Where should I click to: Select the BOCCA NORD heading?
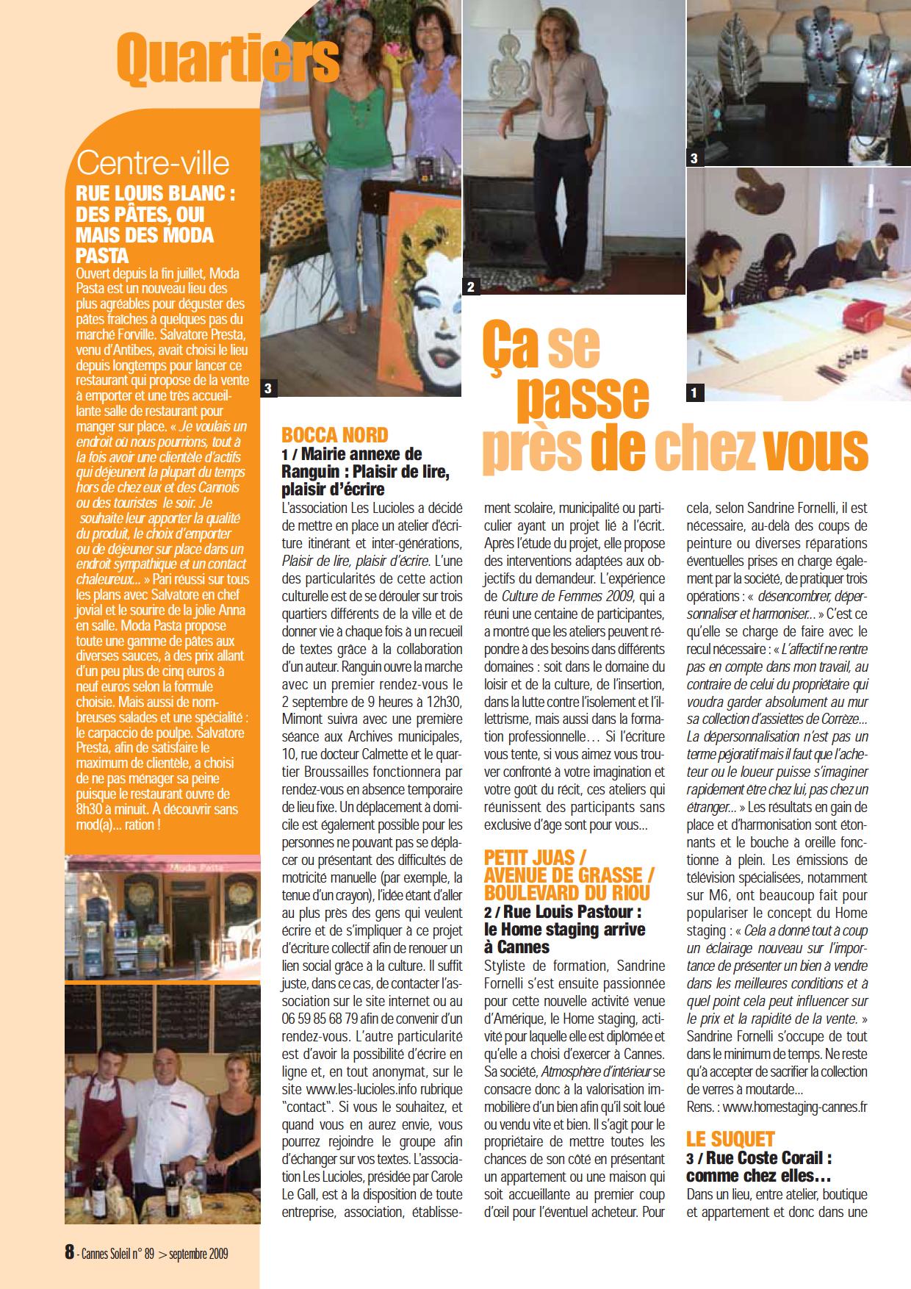click(x=335, y=435)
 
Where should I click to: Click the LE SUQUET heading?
click(x=731, y=1138)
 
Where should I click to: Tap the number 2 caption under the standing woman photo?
click(x=471, y=287)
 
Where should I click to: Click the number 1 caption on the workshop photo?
click(x=694, y=393)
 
